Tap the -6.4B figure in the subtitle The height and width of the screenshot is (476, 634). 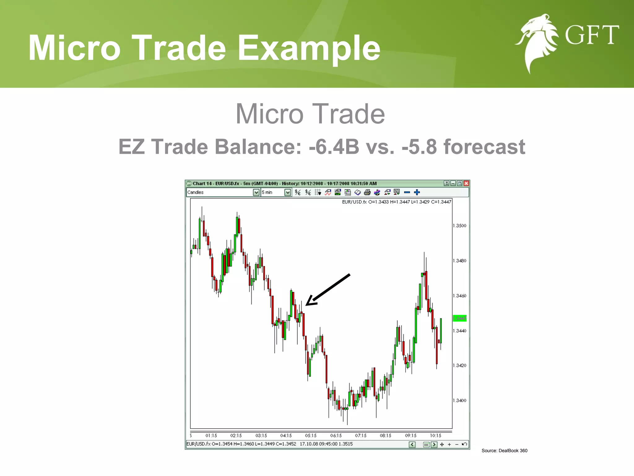tap(334, 147)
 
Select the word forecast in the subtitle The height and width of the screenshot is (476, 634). tap(484, 147)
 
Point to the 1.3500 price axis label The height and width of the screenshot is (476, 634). tap(460, 226)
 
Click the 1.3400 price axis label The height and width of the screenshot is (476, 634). tap(460, 400)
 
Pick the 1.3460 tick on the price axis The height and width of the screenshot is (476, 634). tap(460, 296)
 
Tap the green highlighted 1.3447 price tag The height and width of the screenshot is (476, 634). tap(460, 318)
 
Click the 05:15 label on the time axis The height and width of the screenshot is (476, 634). tap(311, 435)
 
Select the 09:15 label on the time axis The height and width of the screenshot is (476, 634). tap(411, 435)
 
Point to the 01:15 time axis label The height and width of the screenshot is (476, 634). tap(211, 435)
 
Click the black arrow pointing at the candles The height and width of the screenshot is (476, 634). tap(328, 289)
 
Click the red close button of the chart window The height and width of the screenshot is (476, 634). tap(466, 183)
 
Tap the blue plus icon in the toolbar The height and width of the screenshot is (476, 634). tap(417, 192)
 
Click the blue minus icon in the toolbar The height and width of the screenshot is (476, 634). tap(407, 192)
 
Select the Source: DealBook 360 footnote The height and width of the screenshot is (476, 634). tap(504, 451)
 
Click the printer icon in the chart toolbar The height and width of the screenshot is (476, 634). tap(367, 192)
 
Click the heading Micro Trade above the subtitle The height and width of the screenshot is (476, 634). tap(310, 114)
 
